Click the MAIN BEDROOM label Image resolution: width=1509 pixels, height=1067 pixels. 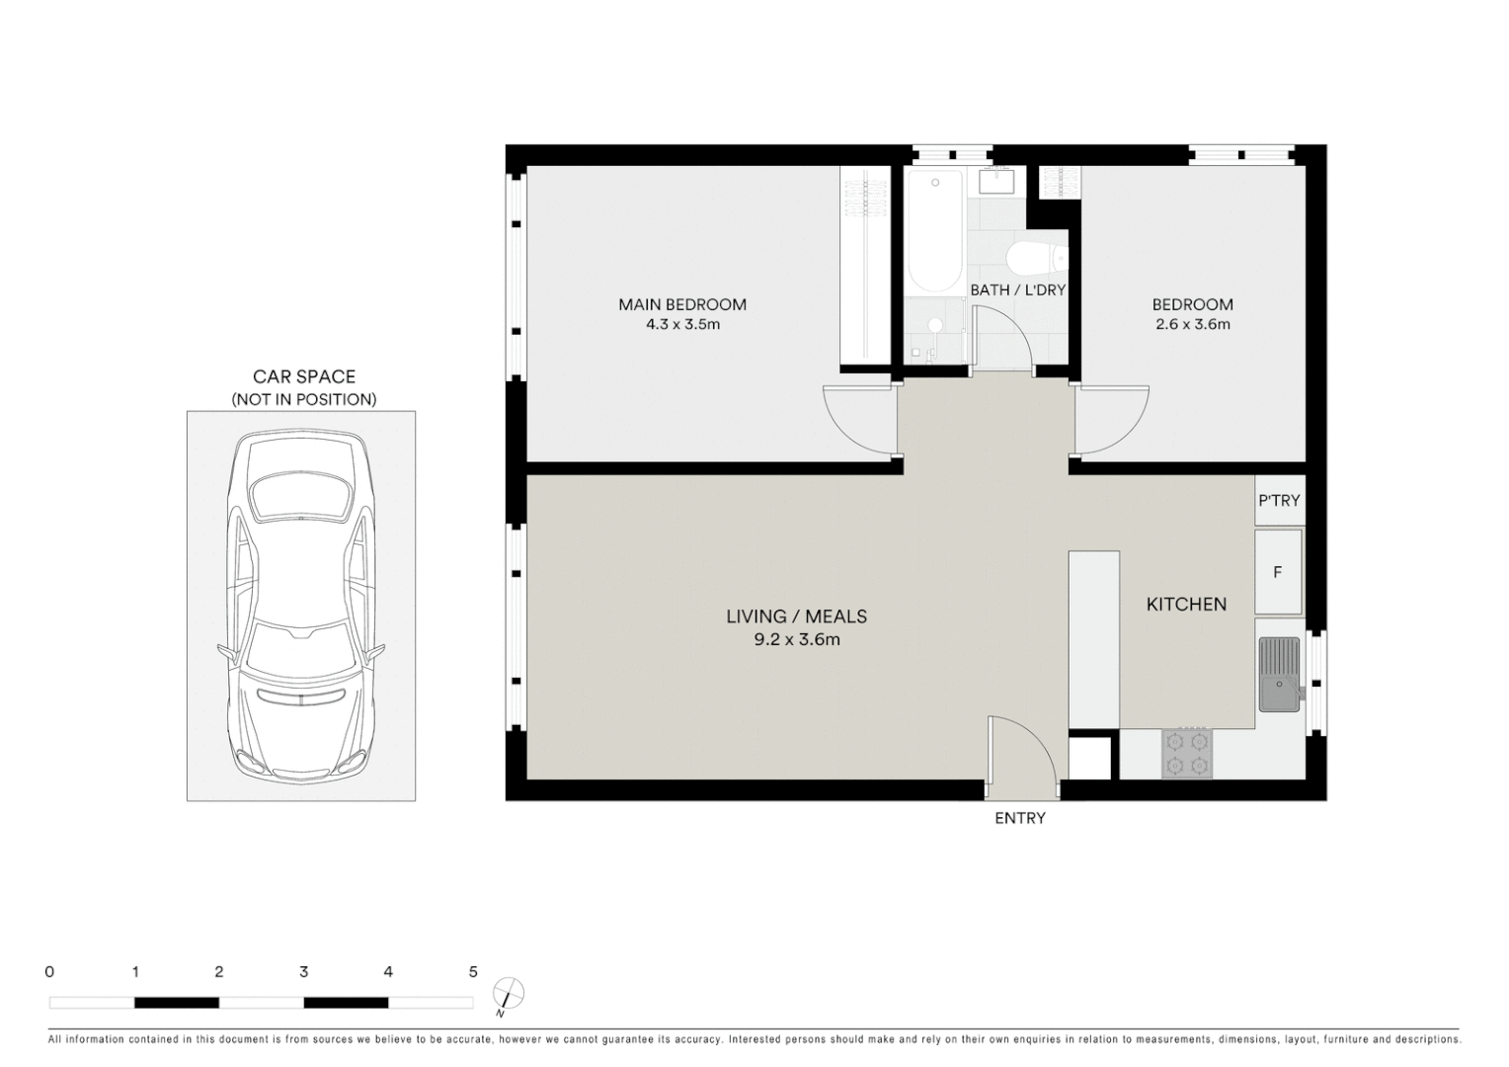tap(681, 304)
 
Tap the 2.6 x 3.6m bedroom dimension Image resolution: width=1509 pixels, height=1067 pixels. tap(1192, 324)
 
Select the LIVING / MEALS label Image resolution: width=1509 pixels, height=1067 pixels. tap(796, 616)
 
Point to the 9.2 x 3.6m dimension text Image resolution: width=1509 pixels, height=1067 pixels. tap(796, 639)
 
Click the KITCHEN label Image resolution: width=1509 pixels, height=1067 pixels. tap(1186, 604)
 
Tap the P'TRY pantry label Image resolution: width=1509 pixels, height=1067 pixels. tap(1279, 501)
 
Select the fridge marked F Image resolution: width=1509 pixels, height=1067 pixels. tap(1278, 572)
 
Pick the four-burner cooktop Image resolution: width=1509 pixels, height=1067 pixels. tap(1187, 753)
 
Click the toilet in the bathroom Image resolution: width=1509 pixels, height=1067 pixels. tap(1037, 258)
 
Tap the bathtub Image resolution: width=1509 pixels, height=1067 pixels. tap(934, 232)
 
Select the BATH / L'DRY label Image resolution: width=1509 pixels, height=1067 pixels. tap(1017, 289)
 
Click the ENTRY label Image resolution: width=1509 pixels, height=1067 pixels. tap(1019, 818)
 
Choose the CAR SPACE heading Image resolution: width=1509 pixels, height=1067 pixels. tap(303, 376)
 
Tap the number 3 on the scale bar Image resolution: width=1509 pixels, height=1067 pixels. tap(303, 972)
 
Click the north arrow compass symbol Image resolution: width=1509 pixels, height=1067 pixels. tap(508, 993)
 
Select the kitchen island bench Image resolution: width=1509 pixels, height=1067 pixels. tap(1093, 640)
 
